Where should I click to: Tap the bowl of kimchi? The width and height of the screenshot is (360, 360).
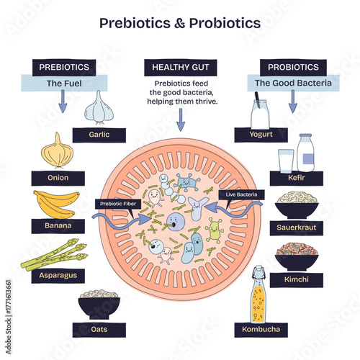click(297, 257)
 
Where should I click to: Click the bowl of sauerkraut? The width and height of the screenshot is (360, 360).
click(297, 206)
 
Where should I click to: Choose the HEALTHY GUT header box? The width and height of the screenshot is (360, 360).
click(179, 68)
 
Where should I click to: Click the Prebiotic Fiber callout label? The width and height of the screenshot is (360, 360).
click(118, 204)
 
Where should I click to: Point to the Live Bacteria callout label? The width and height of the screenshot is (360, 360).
click(242, 194)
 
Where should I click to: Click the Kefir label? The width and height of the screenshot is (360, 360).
click(296, 177)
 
